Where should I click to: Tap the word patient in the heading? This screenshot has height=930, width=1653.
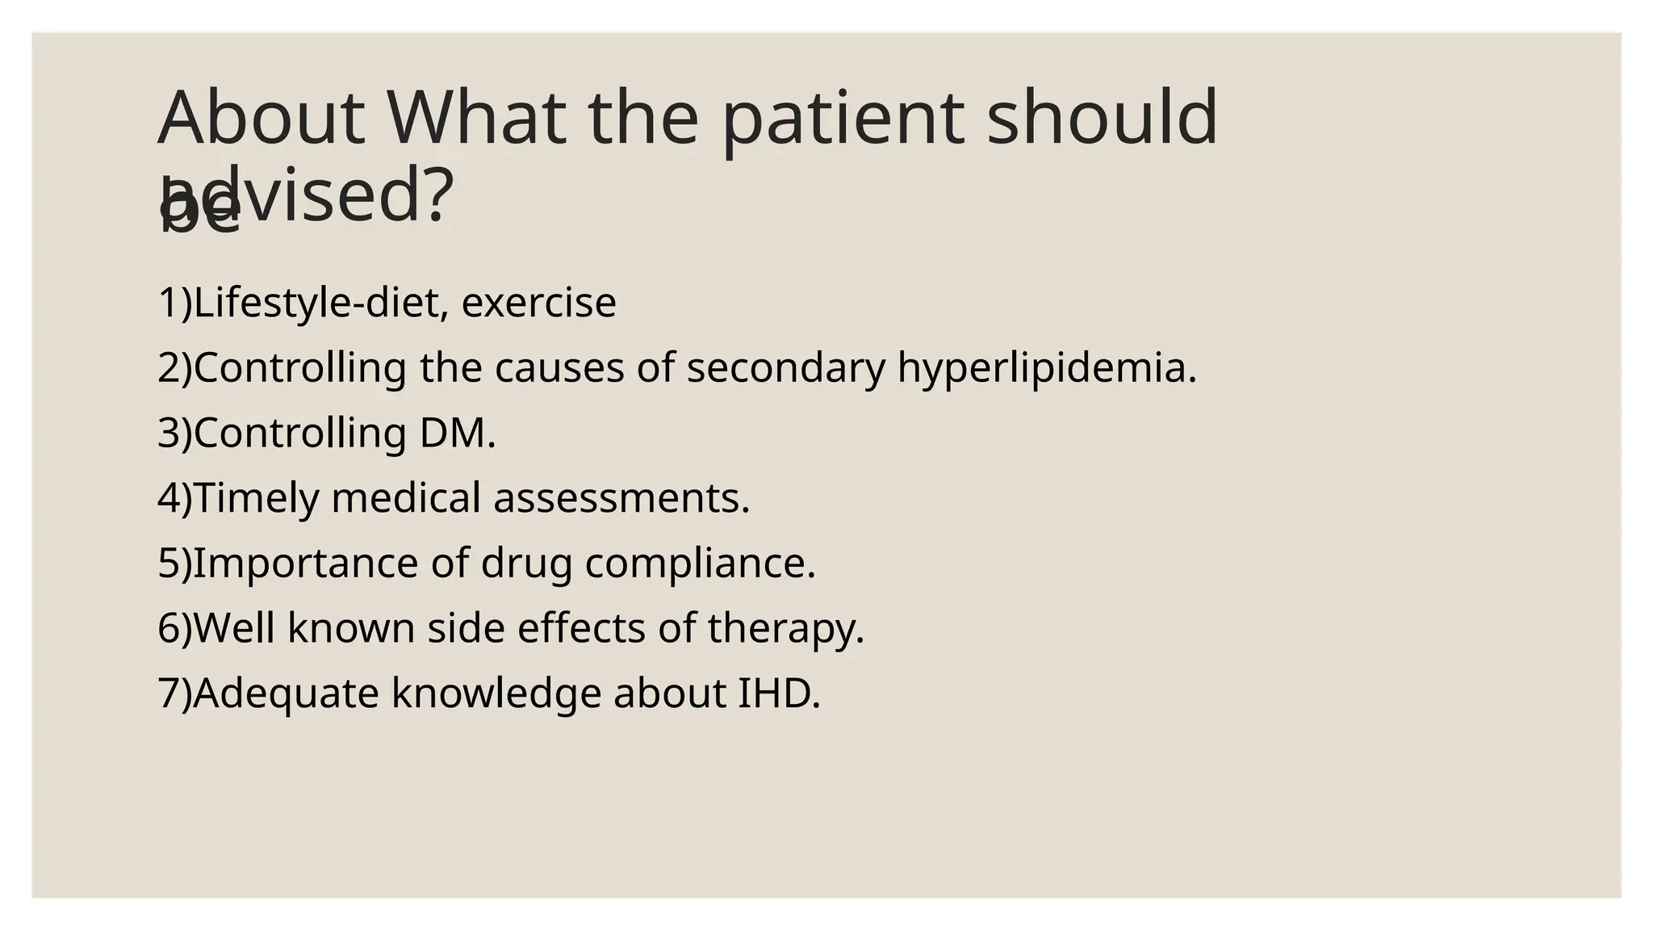[x=842, y=119]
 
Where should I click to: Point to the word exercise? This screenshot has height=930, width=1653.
[x=538, y=303]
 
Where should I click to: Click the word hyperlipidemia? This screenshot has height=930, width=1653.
[x=1046, y=368]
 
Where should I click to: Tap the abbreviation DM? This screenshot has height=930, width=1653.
[x=456, y=433]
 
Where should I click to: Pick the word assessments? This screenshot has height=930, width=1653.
[x=621, y=498]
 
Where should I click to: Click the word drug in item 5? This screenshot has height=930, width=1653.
[x=526, y=563]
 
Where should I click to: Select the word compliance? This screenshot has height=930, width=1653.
[x=700, y=563]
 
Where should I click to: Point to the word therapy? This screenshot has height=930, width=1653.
[x=785, y=629]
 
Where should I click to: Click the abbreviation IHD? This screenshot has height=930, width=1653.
[x=778, y=693]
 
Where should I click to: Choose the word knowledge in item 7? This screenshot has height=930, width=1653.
[x=496, y=693]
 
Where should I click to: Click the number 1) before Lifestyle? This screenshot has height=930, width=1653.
[x=174, y=303]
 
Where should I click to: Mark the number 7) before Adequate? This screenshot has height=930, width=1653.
[x=174, y=693]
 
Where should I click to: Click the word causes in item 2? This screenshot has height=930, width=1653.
[x=559, y=368]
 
